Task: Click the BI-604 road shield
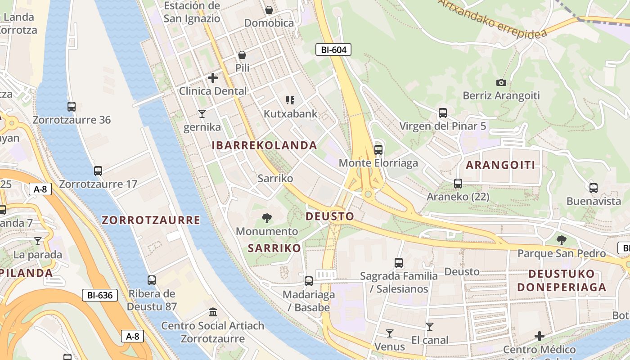click(x=333, y=49)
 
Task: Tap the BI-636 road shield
click(x=99, y=295)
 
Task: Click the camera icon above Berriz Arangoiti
click(x=501, y=82)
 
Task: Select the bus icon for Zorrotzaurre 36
click(x=72, y=107)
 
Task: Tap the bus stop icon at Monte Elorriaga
click(x=378, y=149)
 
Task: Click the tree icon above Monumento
click(x=267, y=218)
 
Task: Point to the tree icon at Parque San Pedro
click(x=561, y=240)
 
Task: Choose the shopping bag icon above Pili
click(x=242, y=55)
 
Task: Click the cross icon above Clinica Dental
click(x=213, y=78)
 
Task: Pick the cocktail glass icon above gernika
click(x=202, y=113)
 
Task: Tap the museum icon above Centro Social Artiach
click(x=213, y=312)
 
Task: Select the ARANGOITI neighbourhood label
click(x=500, y=165)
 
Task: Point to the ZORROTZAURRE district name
click(x=151, y=220)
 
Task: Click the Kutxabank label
click(x=290, y=114)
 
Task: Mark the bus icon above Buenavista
click(x=594, y=188)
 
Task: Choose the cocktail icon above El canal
click(x=430, y=327)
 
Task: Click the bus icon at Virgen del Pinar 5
click(x=443, y=112)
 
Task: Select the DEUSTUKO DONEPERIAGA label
click(x=562, y=280)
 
